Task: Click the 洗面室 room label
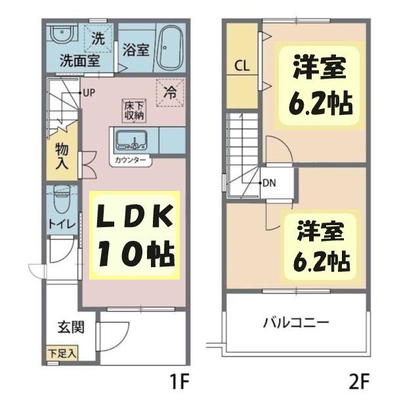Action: coord(75,62)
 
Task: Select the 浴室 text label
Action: coord(135,51)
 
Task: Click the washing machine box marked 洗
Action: coord(98,38)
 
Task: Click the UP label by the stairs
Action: coord(89,93)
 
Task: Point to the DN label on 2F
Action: coord(269,183)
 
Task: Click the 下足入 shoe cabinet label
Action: coord(62,353)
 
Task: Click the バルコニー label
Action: coord(295,323)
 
